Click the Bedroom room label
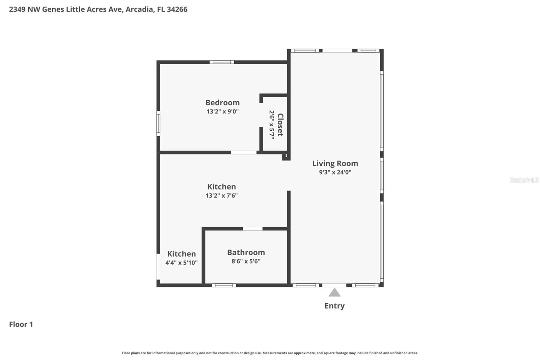coord(222,103)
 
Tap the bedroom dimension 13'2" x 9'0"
coord(222,111)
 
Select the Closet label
coord(280,125)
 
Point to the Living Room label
coord(335,163)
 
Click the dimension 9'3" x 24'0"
coord(335,172)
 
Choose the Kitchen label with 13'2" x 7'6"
coord(221,187)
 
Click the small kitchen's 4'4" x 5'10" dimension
coord(181,263)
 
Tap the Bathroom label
coord(246,253)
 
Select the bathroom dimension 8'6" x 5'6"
coord(246,261)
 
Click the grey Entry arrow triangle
coord(334,293)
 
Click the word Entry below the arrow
coord(334,306)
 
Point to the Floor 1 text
coord(21,325)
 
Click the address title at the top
coord(98,9)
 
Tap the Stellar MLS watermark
coord(524,180)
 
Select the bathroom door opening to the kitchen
coord(252,229)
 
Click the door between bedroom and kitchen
coord(243,153)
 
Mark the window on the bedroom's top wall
coord(222,62)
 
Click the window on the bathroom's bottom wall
coord(224,285)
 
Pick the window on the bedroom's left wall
coord(158,124)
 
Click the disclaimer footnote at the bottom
coord(270,353)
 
